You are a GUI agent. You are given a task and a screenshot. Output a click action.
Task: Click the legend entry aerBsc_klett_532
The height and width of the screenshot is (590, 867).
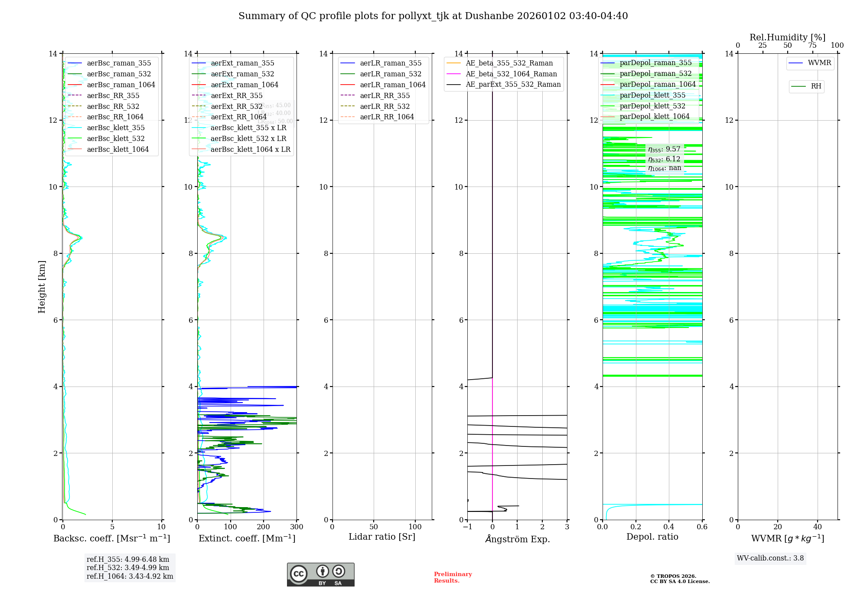pos(116,139)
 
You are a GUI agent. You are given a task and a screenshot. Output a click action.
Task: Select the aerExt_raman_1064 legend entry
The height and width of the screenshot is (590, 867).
pos(244,85)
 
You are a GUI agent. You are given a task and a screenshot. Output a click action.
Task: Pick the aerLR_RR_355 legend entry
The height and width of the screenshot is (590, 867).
pos(385,96)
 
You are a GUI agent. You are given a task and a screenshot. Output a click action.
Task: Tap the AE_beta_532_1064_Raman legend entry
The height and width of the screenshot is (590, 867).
pos(511,74)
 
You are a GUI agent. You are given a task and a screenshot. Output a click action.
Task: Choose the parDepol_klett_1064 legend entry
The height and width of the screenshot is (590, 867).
pos(654,117)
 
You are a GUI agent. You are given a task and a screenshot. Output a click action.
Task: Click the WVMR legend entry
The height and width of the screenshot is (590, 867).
pos(819,63)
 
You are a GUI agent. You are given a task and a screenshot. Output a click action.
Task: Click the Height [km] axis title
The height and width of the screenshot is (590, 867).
pos(42,287)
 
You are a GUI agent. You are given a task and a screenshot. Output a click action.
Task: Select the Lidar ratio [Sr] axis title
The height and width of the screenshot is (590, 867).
pos(382,537)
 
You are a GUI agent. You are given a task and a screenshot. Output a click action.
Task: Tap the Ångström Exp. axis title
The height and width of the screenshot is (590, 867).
pos(517,539)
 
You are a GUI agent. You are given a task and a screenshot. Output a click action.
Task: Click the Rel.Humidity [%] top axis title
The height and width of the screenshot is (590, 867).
pos(787,38)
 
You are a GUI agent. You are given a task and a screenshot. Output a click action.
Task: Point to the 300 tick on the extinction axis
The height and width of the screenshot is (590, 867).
pos(297,527)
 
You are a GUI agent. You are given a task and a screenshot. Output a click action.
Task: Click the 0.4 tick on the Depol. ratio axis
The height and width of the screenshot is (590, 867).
pos(669,527)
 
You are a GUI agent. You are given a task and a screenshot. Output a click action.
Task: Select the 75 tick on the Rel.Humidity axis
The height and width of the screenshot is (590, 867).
pos(812,46)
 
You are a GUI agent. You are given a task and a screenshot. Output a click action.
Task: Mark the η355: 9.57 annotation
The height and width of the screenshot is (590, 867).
pos(664,150)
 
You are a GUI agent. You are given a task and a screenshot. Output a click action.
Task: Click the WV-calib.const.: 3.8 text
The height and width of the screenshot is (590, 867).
pos(770,558)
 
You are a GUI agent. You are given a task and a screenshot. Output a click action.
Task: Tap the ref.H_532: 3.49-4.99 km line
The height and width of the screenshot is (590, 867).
pos(128,568)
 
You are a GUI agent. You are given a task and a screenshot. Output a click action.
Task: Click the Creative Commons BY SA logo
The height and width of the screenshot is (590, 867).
pos(320,574)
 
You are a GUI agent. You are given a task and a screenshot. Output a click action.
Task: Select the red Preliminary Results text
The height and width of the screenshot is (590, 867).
pos(453,577)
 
